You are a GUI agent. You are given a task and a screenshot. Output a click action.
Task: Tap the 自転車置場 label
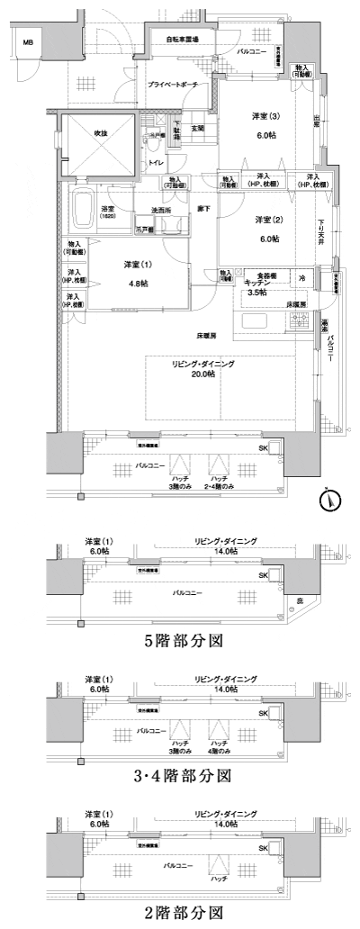click(x=184, y=40)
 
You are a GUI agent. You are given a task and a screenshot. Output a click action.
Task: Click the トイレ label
click(x=156, y=163)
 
